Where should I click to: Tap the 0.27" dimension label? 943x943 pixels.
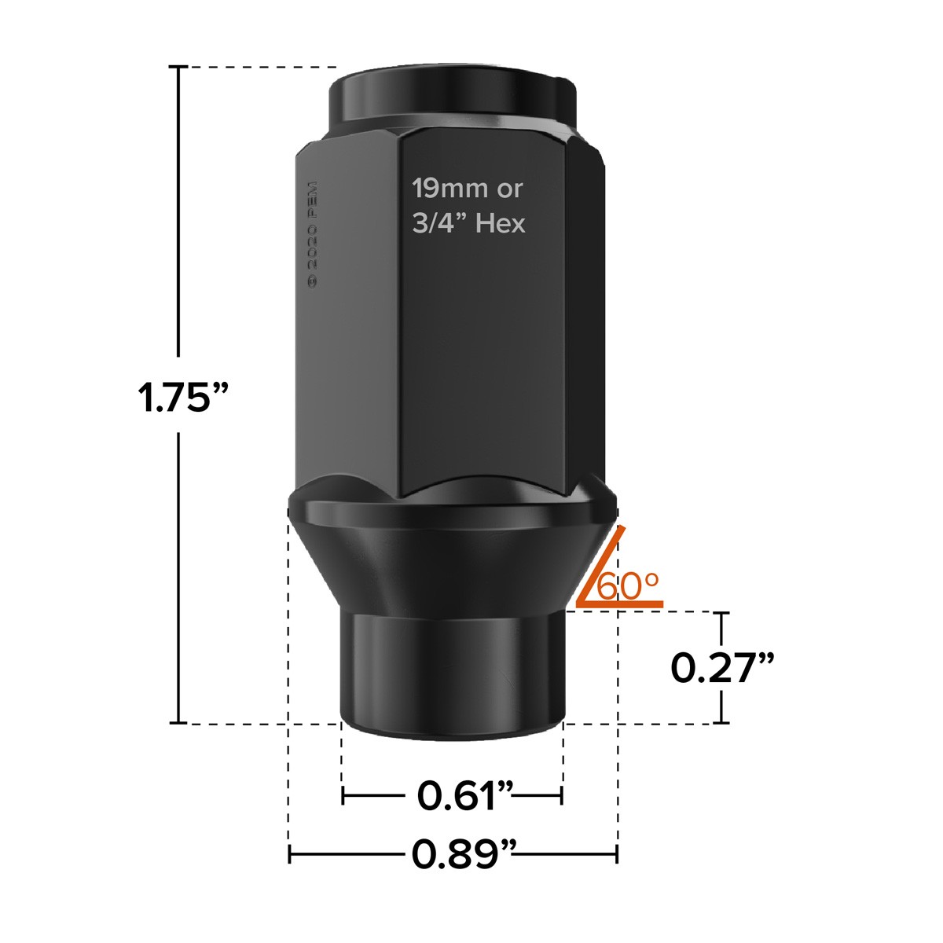point(722,668)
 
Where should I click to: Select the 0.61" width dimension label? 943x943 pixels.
point(465,796)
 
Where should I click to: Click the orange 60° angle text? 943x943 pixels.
point(629,586)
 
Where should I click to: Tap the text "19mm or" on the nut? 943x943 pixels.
point(468,189)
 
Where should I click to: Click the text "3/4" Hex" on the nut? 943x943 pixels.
point(469,224)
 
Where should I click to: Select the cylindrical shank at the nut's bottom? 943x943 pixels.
point(452,668)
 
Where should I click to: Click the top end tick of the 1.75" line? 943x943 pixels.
point(180,68)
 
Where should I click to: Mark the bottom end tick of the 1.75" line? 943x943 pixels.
point(180,723)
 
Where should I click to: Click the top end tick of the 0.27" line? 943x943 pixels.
point(722,612)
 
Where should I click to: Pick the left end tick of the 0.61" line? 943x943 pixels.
point(343,796)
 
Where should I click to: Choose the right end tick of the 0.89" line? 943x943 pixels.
point(617,854)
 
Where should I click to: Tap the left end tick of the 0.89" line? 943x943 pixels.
point(290,854)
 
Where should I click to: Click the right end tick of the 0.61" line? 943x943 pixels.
point(562,796)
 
